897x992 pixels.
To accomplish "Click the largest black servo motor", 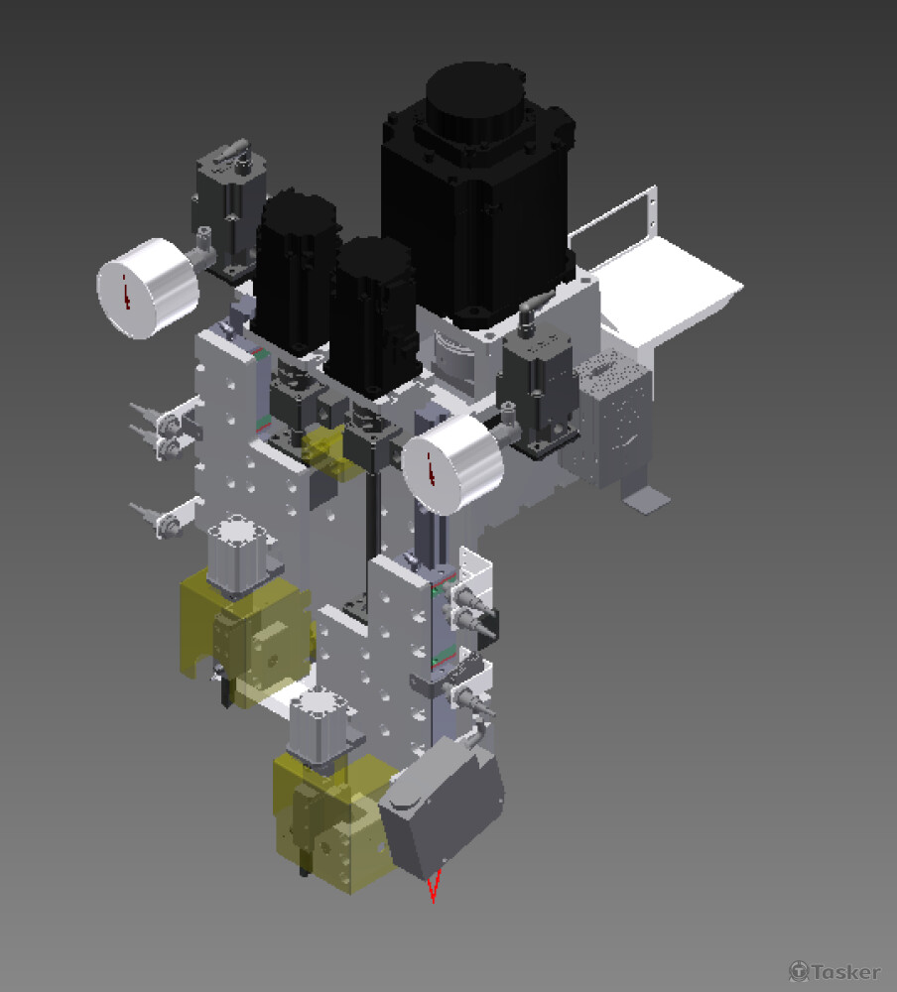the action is click(478, 196).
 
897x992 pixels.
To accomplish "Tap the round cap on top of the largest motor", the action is click(475, 98).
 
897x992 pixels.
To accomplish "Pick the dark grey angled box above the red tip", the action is click(442, 807).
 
